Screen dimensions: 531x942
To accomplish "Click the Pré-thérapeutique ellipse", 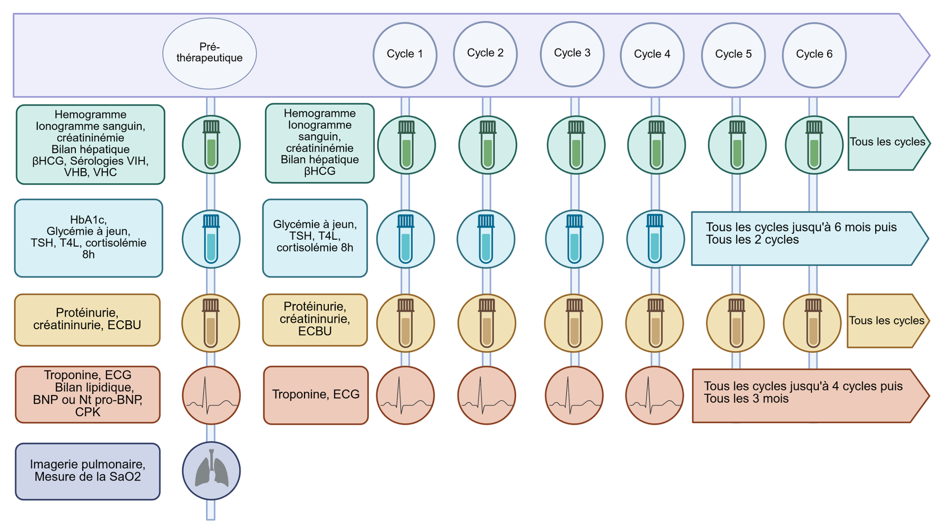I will (209, 54).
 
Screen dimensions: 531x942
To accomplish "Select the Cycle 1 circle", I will (405, 54).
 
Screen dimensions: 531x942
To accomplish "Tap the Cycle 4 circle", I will (652, 54).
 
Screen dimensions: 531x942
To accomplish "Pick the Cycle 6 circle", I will (814, 55).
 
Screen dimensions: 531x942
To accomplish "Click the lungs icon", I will (211, 471).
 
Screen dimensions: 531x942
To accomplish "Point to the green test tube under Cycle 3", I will (576, 145).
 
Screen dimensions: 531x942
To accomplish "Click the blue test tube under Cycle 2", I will (486, 239).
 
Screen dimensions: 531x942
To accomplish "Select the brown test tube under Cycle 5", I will (735, 323).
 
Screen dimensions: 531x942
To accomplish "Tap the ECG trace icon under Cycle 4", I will (654, 396).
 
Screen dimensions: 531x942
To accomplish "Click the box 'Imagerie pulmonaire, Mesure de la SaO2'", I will (87, 471).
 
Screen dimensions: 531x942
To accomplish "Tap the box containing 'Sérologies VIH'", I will (90, 145).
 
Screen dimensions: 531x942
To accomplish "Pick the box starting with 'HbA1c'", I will (89, 238).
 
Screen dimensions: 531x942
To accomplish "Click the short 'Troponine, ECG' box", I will (316, 395).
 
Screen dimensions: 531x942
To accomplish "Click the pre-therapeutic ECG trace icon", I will (211, 396).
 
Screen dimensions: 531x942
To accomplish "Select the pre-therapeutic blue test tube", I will (211, 239).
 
